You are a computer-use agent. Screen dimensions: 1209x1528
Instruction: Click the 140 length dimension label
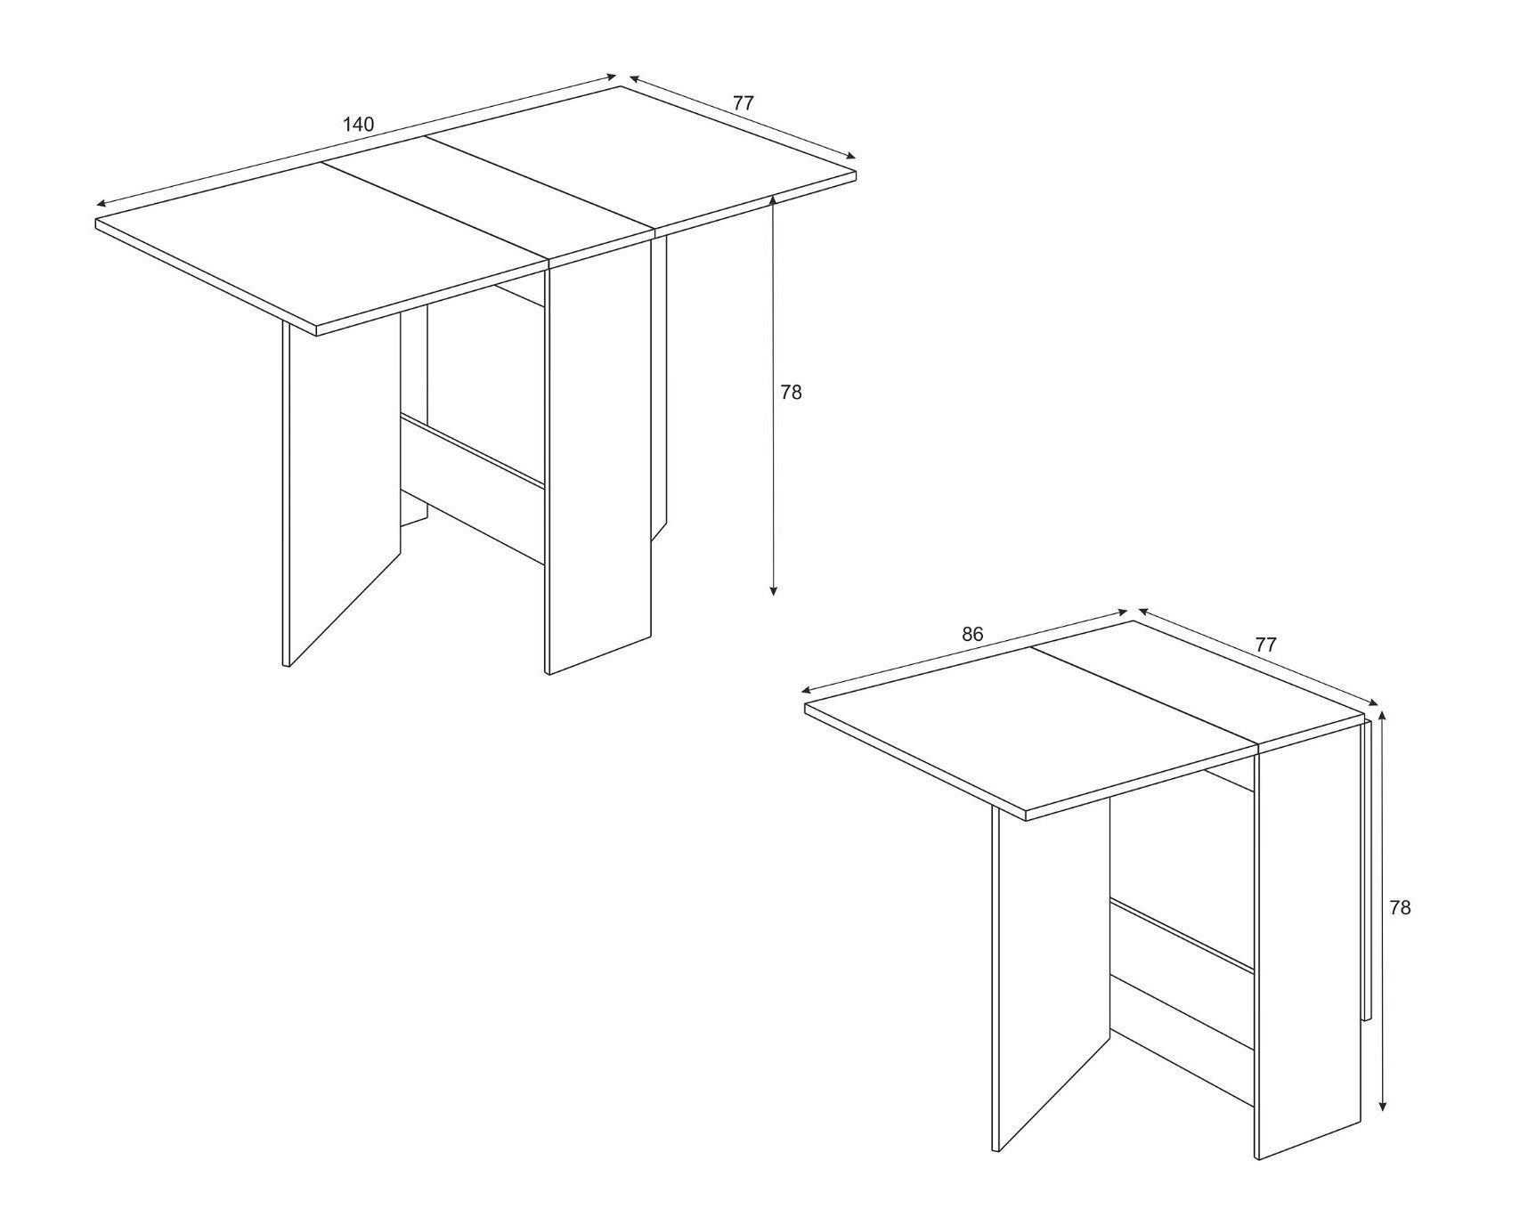tap(358, 125)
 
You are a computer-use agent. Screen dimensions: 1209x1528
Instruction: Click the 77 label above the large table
tap(744, 103)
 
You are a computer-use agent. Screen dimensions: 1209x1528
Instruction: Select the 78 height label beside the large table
tap(791, 392)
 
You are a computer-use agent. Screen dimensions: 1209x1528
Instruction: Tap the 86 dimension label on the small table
tap(972, 635)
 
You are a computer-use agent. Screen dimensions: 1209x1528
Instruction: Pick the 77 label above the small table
tap(1265, 645)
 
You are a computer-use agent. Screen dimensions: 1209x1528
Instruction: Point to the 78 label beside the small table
tap(1400, 908)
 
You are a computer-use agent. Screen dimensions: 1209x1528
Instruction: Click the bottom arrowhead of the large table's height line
tap(774, 589)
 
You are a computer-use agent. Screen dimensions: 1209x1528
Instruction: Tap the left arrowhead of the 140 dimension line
tap(102, 204)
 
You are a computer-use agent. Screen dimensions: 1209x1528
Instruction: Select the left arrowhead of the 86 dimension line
tap(808, 691)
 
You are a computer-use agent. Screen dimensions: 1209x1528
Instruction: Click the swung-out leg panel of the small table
tap(1051, 979)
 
